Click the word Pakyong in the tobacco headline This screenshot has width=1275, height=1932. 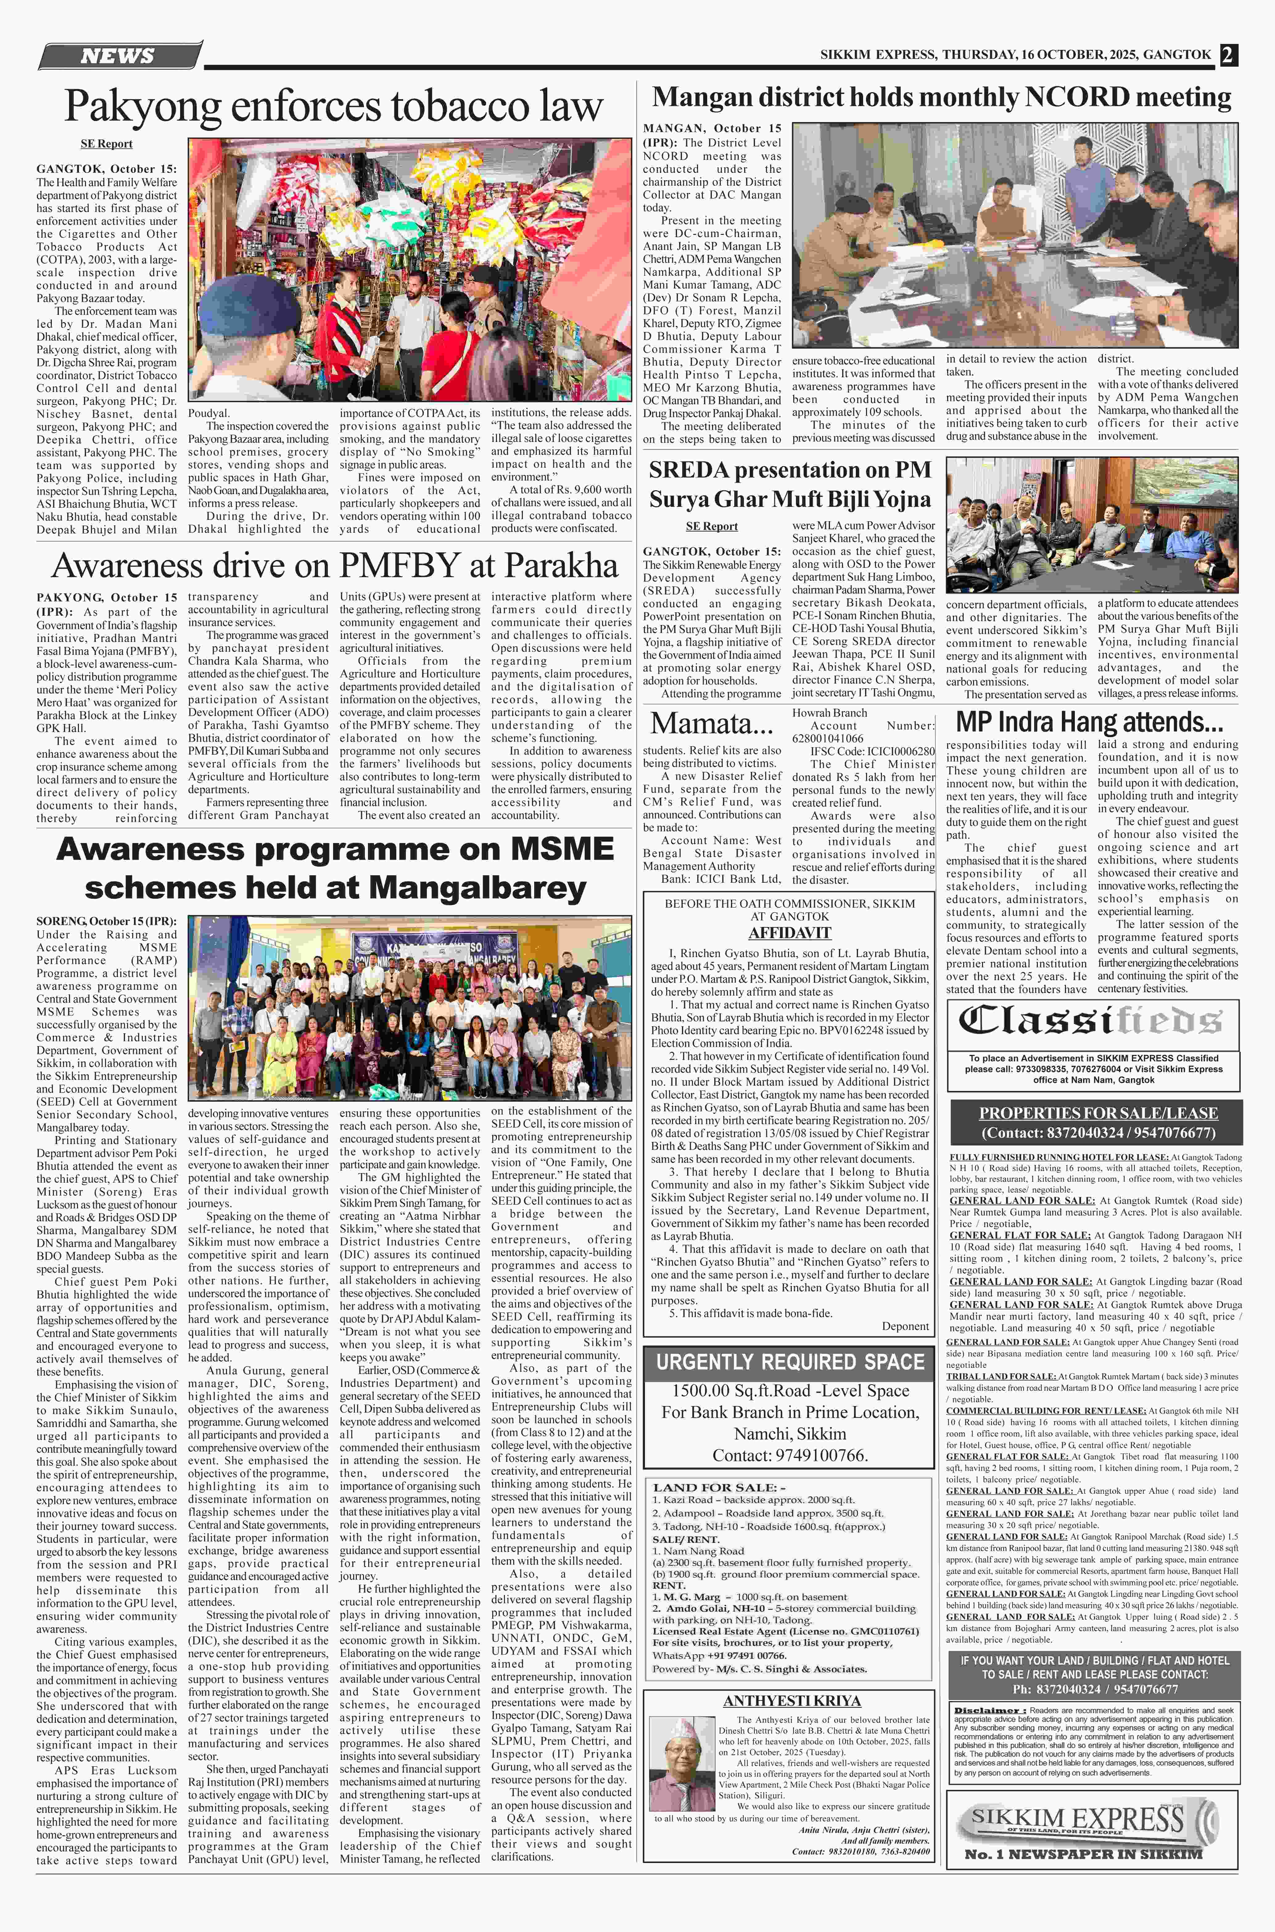tap(140, 106)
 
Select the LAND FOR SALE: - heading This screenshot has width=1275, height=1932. tap(719, 1487)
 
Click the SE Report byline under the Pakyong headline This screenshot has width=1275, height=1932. tap(106, 144)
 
